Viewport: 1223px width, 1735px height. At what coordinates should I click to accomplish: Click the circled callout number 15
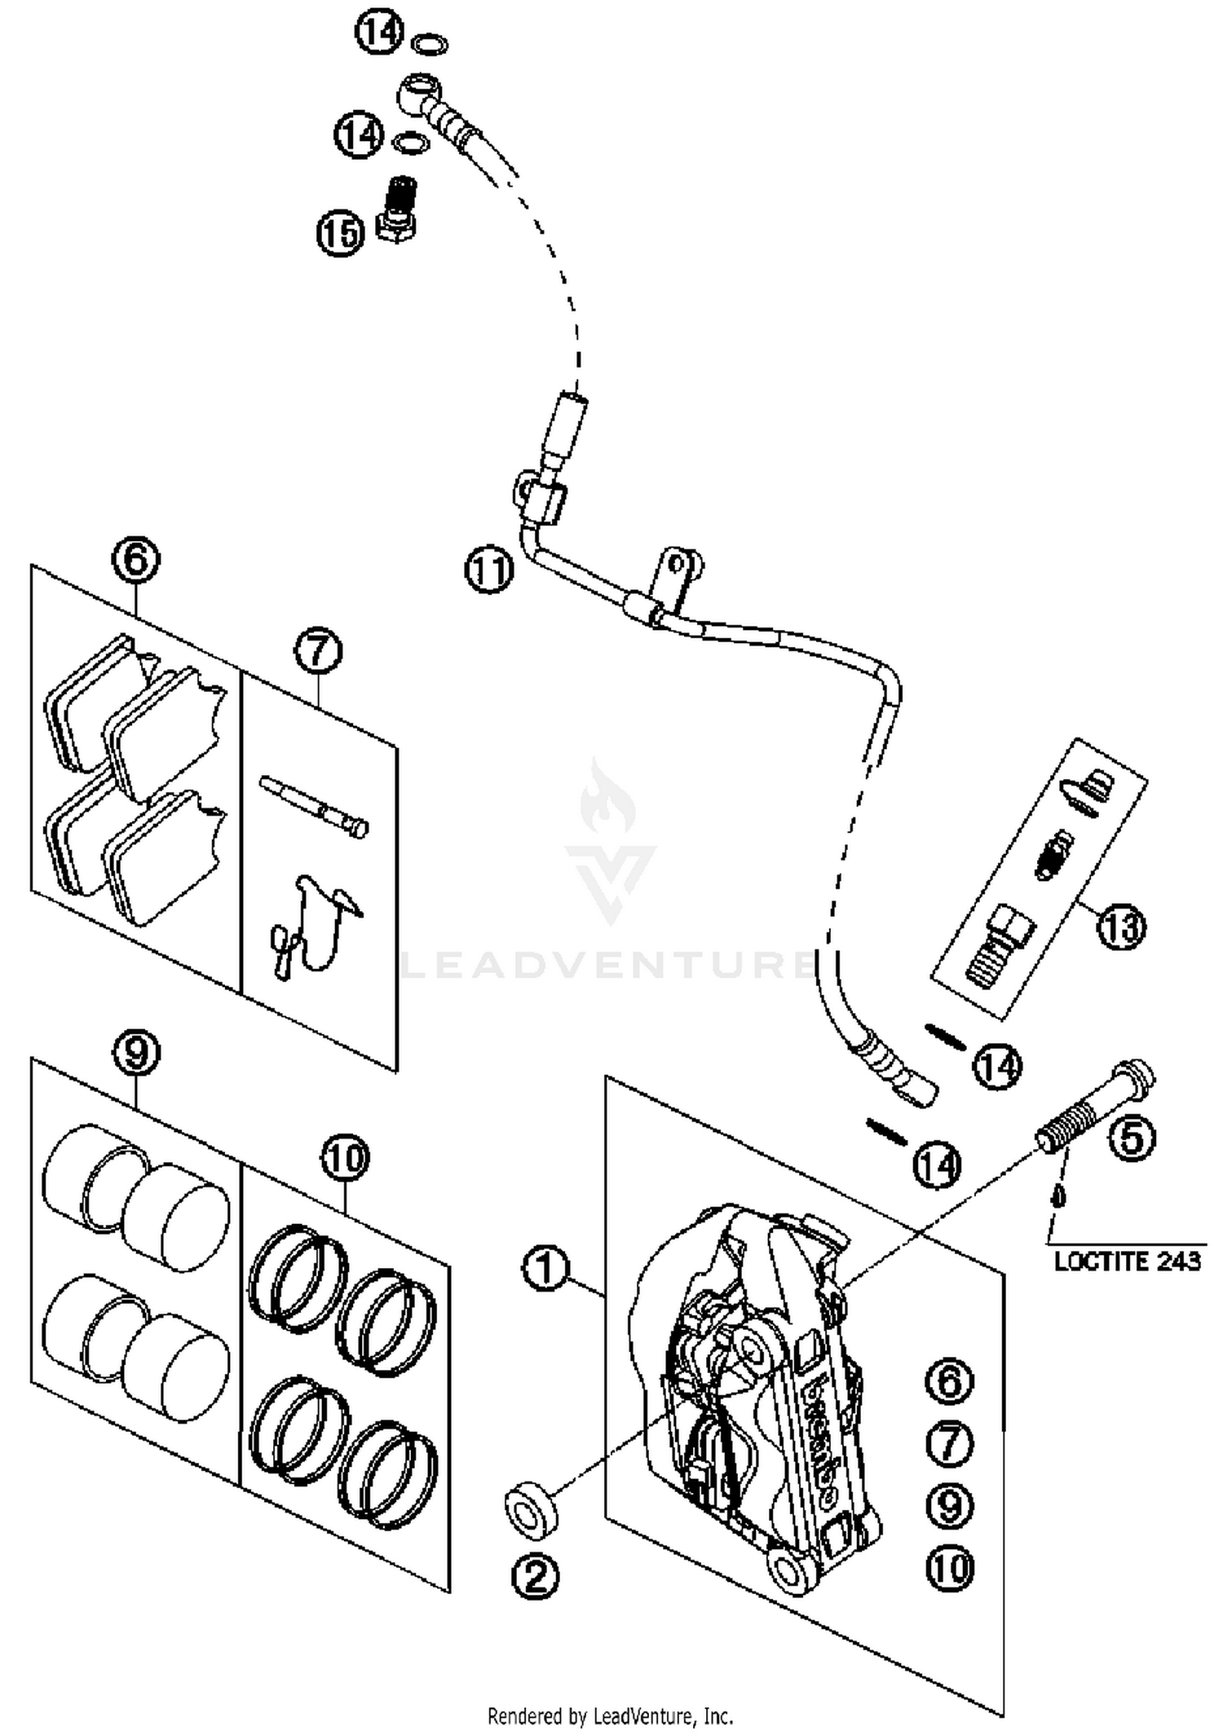coord(341,234)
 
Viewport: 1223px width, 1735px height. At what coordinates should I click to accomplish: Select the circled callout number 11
coord(489,570)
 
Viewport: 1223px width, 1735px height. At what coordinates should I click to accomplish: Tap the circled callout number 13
coord(1122,927)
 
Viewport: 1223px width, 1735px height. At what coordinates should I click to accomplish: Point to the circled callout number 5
coord(1132,1138)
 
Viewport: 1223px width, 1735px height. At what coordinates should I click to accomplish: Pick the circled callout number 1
coord(545,1269)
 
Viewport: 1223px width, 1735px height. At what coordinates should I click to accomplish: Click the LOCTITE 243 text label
coord(1128,1262)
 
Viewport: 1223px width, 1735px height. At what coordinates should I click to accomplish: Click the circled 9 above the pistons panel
coord(136,1053)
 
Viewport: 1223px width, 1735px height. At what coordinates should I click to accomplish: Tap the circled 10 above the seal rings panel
coord(345,1157)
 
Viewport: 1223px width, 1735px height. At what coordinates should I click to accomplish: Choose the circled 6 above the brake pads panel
coord(136,560)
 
